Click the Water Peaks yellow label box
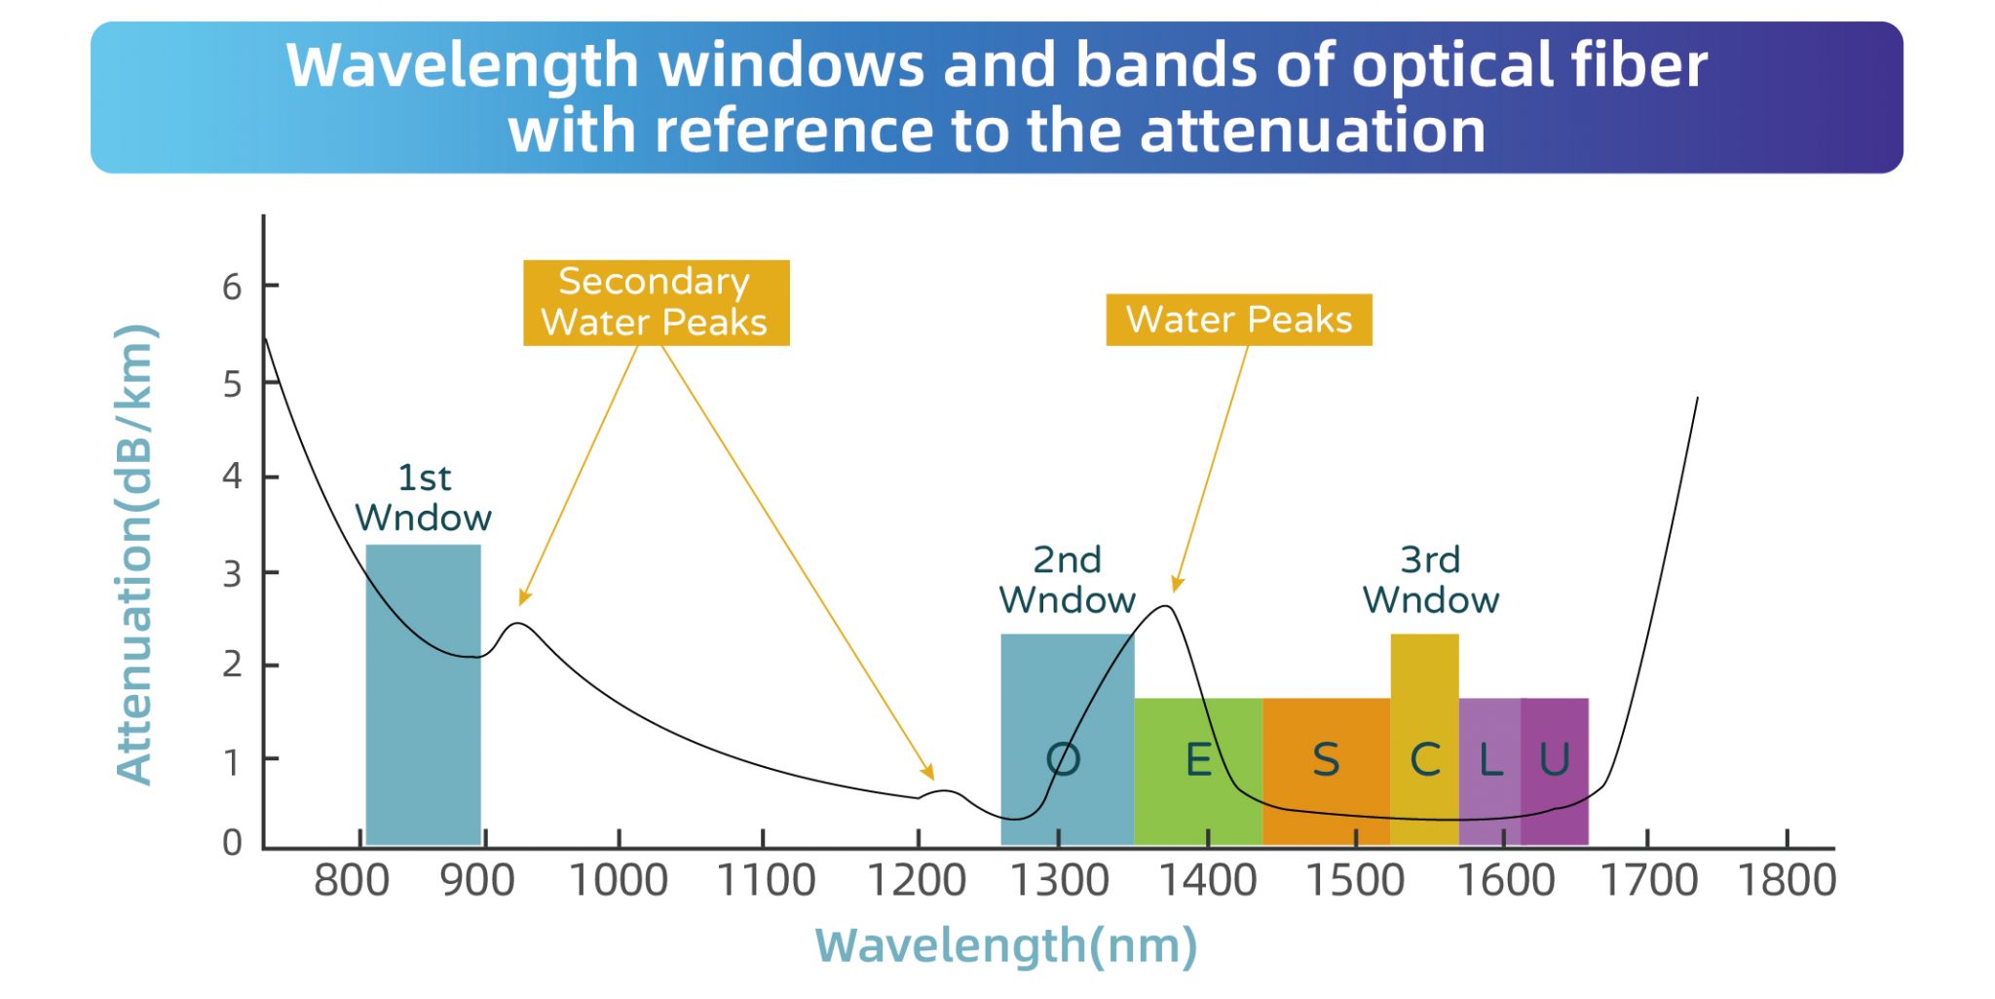coord(1238,320)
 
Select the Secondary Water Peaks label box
coord(656,302)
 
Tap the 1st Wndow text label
coord(423,498)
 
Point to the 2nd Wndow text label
coord(1067,580)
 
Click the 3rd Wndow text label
coord(1430,580)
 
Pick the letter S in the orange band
coord(1326,759)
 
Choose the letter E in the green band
coord(1198,759)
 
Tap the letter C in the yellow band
coord(1425,759)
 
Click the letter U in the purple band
coord(1554,759)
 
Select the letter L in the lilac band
coord(1490,759)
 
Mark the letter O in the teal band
coord(1063,759)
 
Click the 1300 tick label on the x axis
coord(1060,881)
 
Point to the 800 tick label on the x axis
coord(352,881)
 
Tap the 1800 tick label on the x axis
coord(1787,881)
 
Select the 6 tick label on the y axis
coord(232,288)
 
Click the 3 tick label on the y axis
coord(232,575)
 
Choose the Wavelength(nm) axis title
coord(1005,945)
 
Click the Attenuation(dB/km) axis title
coord(135,554)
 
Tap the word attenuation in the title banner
coord(1312,131)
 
